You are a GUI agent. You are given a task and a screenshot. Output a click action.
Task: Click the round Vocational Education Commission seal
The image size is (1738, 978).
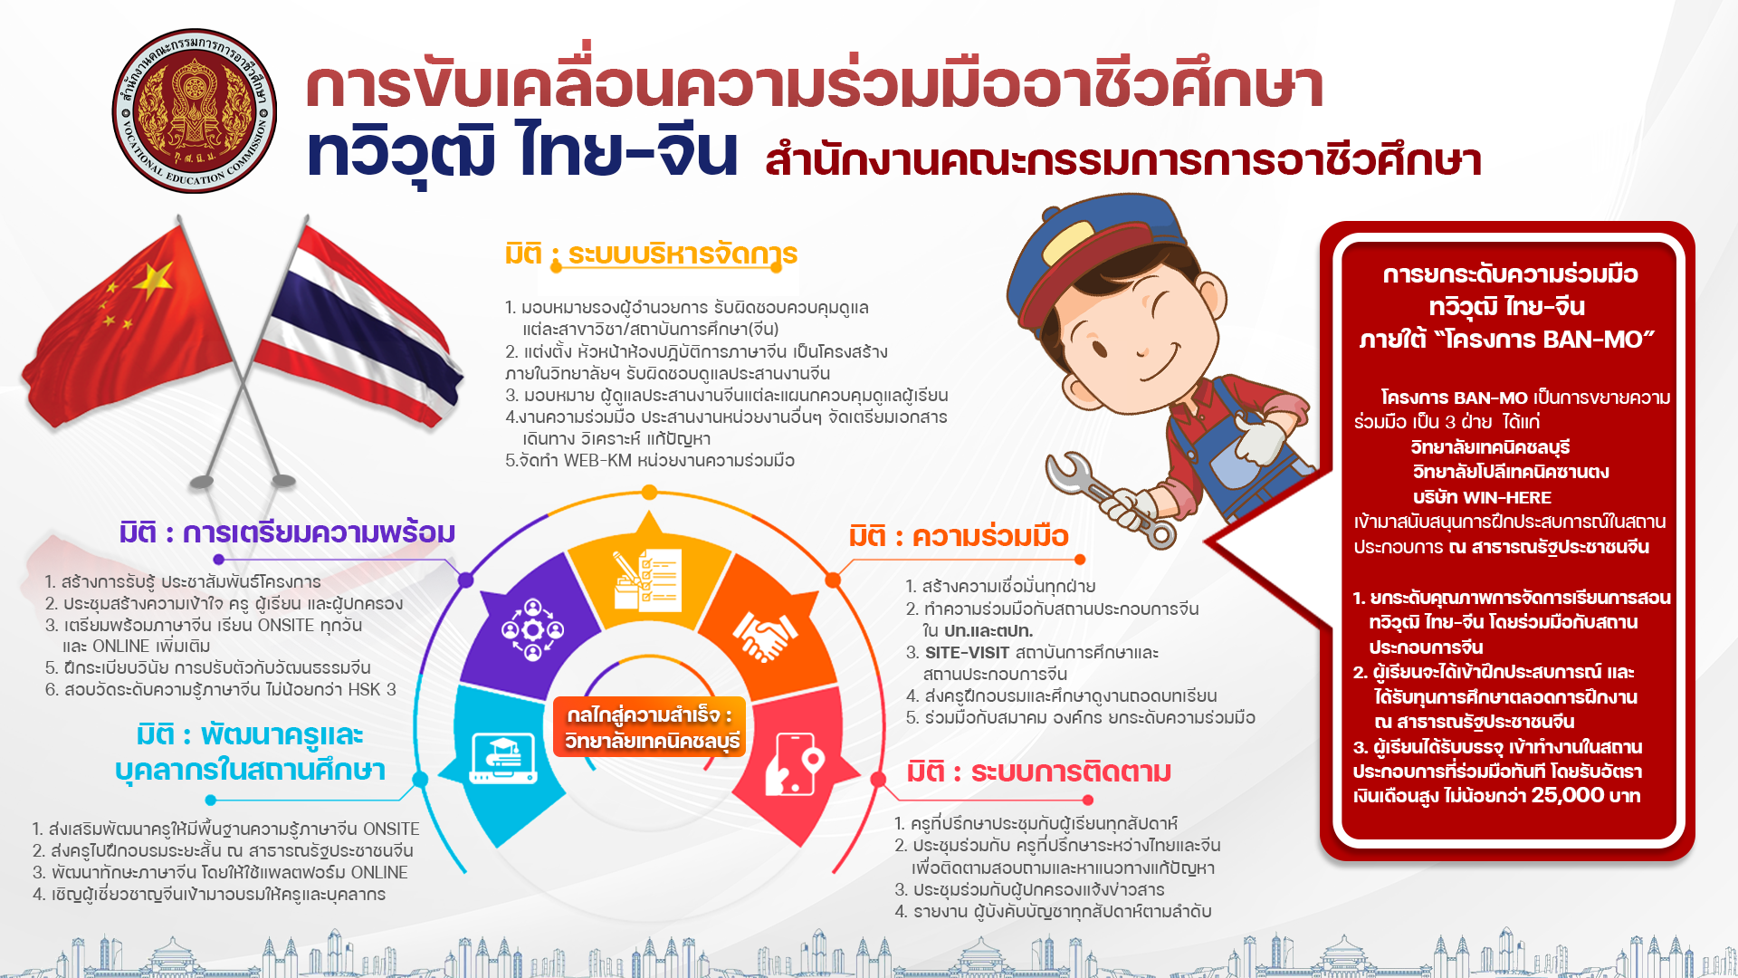[195, 110]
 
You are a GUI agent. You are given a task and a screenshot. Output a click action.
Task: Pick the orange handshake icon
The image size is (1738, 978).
[765, 634]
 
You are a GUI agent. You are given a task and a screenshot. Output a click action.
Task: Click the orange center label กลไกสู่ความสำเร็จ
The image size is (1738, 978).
[649, 727]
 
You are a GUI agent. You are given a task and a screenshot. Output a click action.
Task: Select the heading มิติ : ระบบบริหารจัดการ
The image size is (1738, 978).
[651, 254]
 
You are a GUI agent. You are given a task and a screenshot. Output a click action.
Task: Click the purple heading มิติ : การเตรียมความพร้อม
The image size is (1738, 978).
[287, 532]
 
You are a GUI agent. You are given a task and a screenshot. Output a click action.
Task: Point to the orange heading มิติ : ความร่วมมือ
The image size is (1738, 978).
[959, 536]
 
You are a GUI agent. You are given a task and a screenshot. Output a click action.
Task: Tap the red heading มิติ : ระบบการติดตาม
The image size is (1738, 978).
[1039, 772]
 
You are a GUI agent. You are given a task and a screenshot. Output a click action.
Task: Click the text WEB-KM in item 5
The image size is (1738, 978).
[597, 460]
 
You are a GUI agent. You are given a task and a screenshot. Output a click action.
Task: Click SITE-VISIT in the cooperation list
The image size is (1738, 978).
[967, 652]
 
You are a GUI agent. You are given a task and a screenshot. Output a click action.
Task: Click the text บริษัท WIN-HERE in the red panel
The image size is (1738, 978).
[1482, 497]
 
